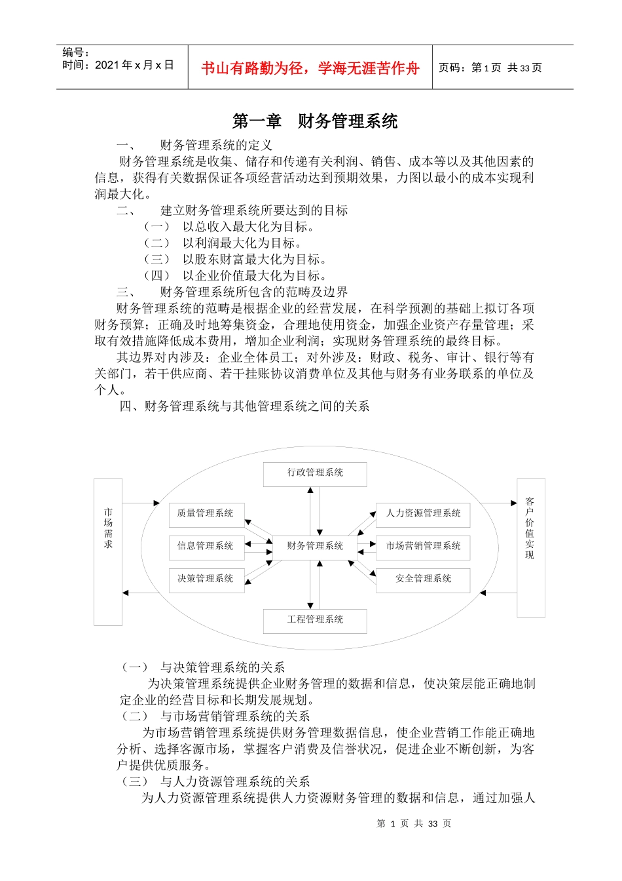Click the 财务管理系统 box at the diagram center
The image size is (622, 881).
315,546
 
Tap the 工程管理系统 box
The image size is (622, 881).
315,620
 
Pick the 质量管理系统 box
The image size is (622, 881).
206,514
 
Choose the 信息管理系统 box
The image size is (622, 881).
206,546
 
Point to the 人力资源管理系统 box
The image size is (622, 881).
423,514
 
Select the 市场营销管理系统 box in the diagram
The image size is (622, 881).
423,546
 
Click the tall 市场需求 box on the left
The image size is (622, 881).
108,552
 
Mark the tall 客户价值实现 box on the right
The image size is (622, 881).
530,548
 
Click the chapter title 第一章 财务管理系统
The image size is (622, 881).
315,121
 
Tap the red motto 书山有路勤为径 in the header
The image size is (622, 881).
310,68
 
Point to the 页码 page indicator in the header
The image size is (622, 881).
490,68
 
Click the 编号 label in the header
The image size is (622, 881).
76,52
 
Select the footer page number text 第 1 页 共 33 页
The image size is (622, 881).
414,824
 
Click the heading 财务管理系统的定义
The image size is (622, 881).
216,145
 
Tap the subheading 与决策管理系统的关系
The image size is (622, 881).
222,667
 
